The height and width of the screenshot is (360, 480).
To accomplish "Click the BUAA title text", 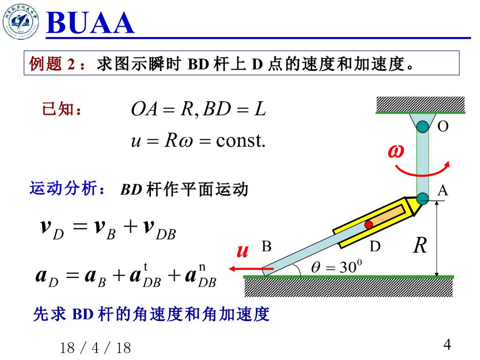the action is point(90,23).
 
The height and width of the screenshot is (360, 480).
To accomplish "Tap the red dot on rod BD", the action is point(369,225).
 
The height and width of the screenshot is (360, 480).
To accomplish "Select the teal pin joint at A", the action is point(422,198).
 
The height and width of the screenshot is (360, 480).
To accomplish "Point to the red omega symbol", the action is point(396,151).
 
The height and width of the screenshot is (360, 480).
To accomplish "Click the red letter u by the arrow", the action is point(242,252).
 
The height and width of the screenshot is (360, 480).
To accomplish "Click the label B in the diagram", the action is point(266,247).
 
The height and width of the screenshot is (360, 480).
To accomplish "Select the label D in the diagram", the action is point(375,247).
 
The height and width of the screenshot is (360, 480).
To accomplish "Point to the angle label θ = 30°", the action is point(337,267).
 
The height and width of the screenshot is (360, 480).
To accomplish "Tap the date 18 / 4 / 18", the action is point(95,348).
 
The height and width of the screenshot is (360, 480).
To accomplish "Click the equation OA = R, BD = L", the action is point(198,110).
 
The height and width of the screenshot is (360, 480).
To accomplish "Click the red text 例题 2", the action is point(52,63).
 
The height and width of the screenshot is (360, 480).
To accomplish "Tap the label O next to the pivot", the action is point(442,126).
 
